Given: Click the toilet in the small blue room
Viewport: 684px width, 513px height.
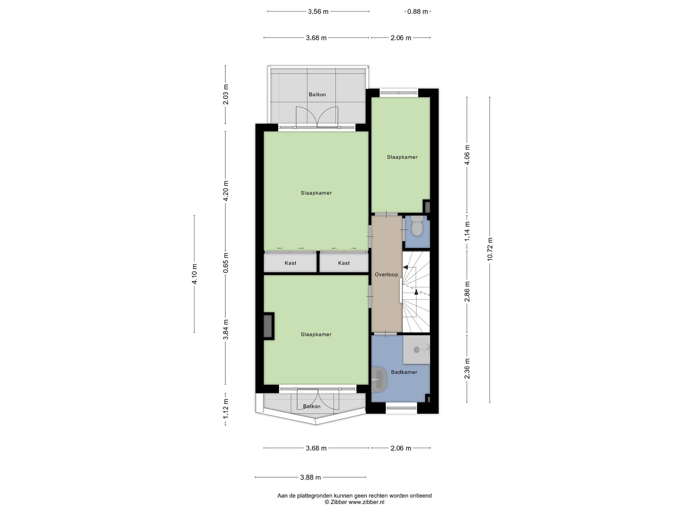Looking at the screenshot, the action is coord(417,226).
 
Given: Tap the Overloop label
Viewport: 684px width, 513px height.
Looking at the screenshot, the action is coord(386,275).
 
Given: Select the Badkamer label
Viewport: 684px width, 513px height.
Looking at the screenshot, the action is coord(404,372).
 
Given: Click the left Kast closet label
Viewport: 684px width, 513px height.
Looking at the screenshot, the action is coord(291,263).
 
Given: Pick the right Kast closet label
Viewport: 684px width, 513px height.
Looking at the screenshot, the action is coord(344,263).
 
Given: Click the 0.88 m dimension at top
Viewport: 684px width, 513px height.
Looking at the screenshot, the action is coord(417,12).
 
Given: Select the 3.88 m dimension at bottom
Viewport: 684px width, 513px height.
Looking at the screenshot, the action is coord(310,477).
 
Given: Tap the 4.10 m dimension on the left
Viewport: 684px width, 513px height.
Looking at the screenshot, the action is coord(194,274).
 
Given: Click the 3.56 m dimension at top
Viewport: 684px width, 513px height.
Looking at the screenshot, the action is coord(318,12).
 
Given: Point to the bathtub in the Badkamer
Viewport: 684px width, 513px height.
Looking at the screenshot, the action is coord(379,379).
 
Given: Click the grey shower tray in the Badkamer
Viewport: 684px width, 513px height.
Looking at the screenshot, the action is coord(416,350).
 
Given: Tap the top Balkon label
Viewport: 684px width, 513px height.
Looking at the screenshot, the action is coord(317,95).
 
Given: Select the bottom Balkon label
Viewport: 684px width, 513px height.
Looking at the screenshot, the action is coord(312,406).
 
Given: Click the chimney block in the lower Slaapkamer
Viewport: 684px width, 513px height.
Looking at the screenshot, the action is coord(269,326).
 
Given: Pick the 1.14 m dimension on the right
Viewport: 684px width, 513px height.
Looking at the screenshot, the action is coord(467,231).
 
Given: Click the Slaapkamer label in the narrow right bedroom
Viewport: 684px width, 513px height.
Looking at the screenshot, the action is coord(402,157).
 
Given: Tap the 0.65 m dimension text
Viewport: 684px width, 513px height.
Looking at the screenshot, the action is coord(226,263).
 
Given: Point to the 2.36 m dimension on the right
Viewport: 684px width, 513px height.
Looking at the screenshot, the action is coord(467,368).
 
